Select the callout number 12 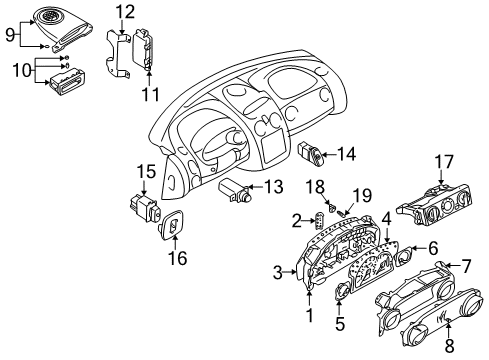[x=124, y=12]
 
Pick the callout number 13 [x=274, y=188]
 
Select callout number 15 [x=146, y=171]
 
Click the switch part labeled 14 [x=313, y=154]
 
